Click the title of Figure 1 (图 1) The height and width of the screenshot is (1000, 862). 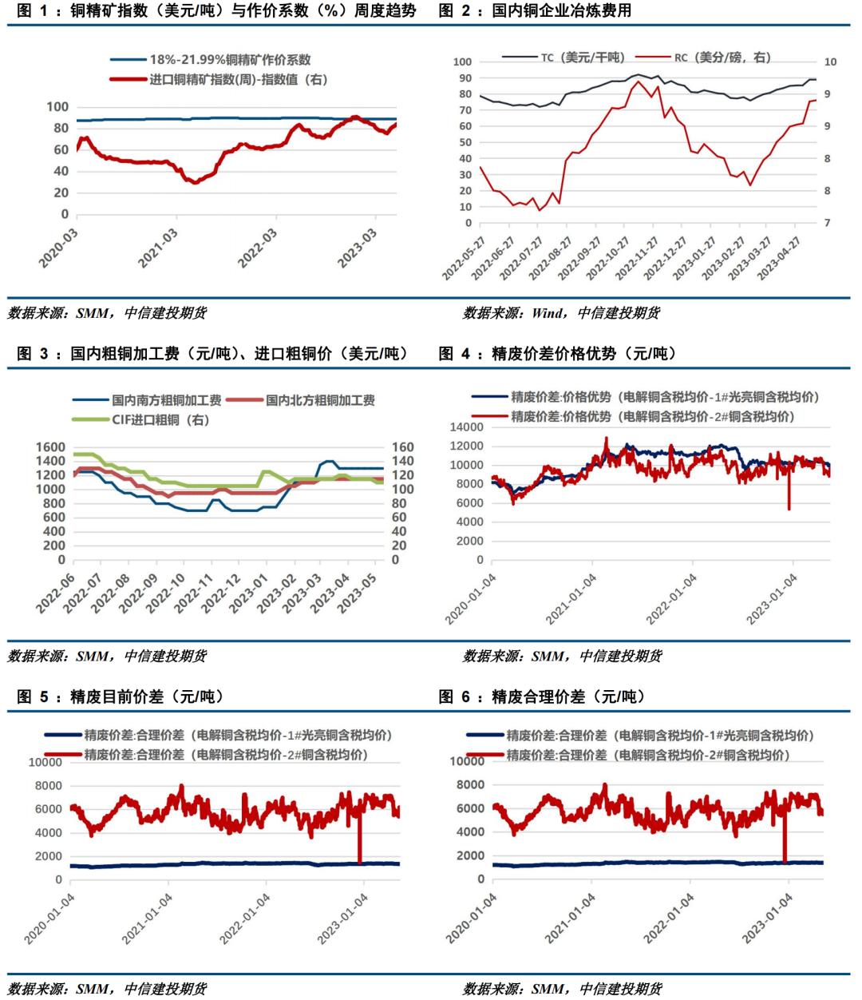(x=216, y=11)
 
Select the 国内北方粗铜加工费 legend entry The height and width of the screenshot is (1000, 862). (x=319, y=400)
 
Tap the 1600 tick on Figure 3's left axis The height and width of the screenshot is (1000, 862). (x=49, y=447)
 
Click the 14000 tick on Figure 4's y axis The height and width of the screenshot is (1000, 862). (x=468, y=427)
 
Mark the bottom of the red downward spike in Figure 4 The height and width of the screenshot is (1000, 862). (x=789, y=509)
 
